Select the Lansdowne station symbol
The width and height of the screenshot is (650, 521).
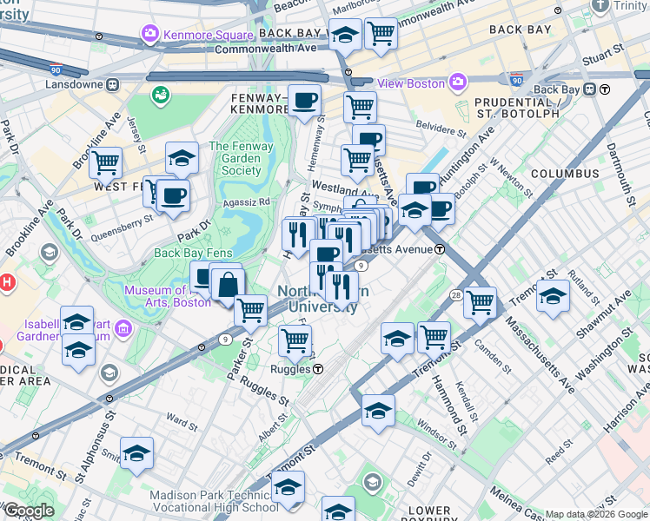112,85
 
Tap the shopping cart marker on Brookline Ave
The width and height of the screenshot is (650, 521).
105,162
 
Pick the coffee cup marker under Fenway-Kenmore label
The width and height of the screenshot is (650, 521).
304,101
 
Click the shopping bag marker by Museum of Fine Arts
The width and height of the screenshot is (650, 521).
227,284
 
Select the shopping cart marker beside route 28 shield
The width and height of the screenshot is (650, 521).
480,303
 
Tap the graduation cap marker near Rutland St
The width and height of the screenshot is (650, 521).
553,296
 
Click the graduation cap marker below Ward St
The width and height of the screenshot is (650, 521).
137,453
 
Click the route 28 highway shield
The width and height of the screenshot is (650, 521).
456,296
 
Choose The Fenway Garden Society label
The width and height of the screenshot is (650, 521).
235,159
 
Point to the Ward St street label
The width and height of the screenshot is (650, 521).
182,421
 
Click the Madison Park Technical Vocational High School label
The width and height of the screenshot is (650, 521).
215,502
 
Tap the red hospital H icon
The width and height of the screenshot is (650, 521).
7,282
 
